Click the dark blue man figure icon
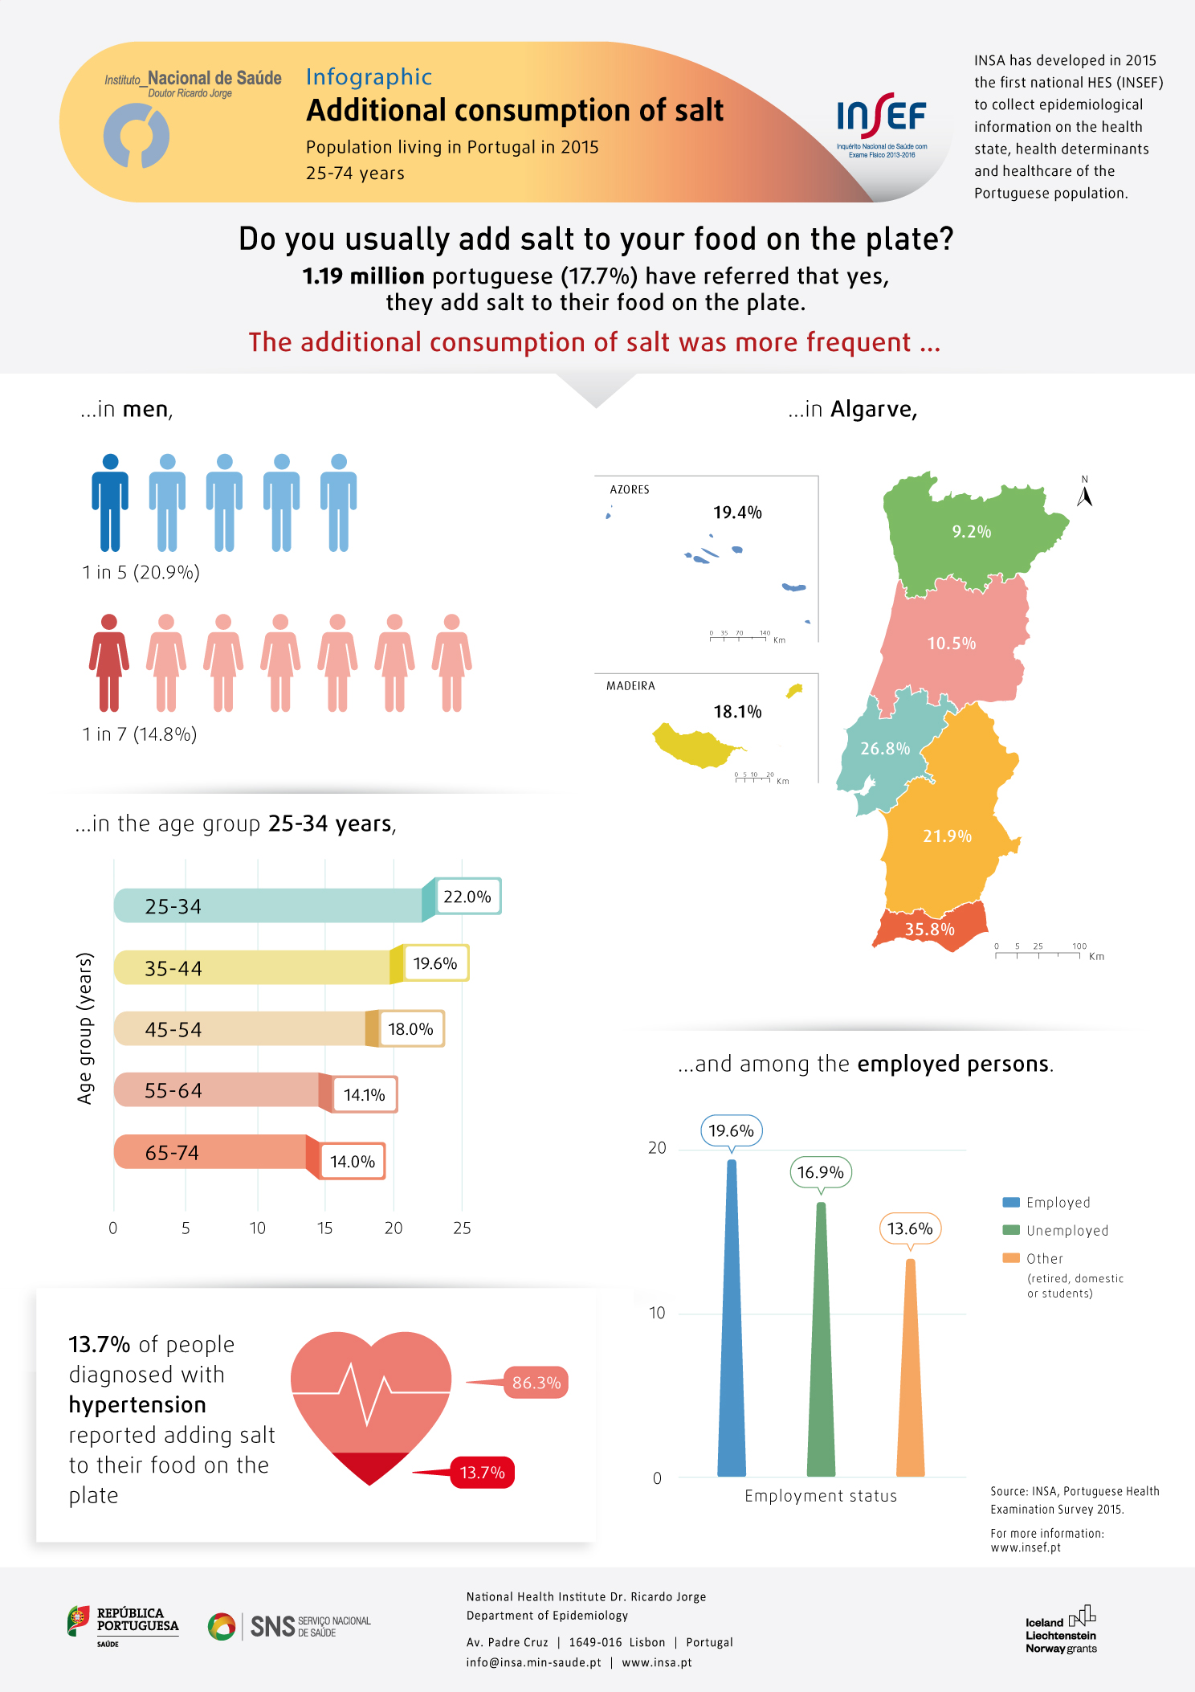(x=110, y=502)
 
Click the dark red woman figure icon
(x=108, y=663)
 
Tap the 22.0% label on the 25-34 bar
(x=467, y=897)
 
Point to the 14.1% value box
(x=365, y=1095)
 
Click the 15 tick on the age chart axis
(x=324, y=1228)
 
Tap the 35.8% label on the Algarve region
(x=929, y=930)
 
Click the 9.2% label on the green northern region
(x=971, y=532)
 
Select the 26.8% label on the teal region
(x=885, y=749)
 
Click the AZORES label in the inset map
(x=630, y=489)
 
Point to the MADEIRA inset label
(x=630, y=686)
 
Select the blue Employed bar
(x=731, y=1318)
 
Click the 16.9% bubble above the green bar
(x=820, y=1172)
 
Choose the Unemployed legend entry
(x=1055, y=1230)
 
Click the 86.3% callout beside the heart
(x=536, y=1383)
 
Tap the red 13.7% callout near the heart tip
(x=482, y=1473)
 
